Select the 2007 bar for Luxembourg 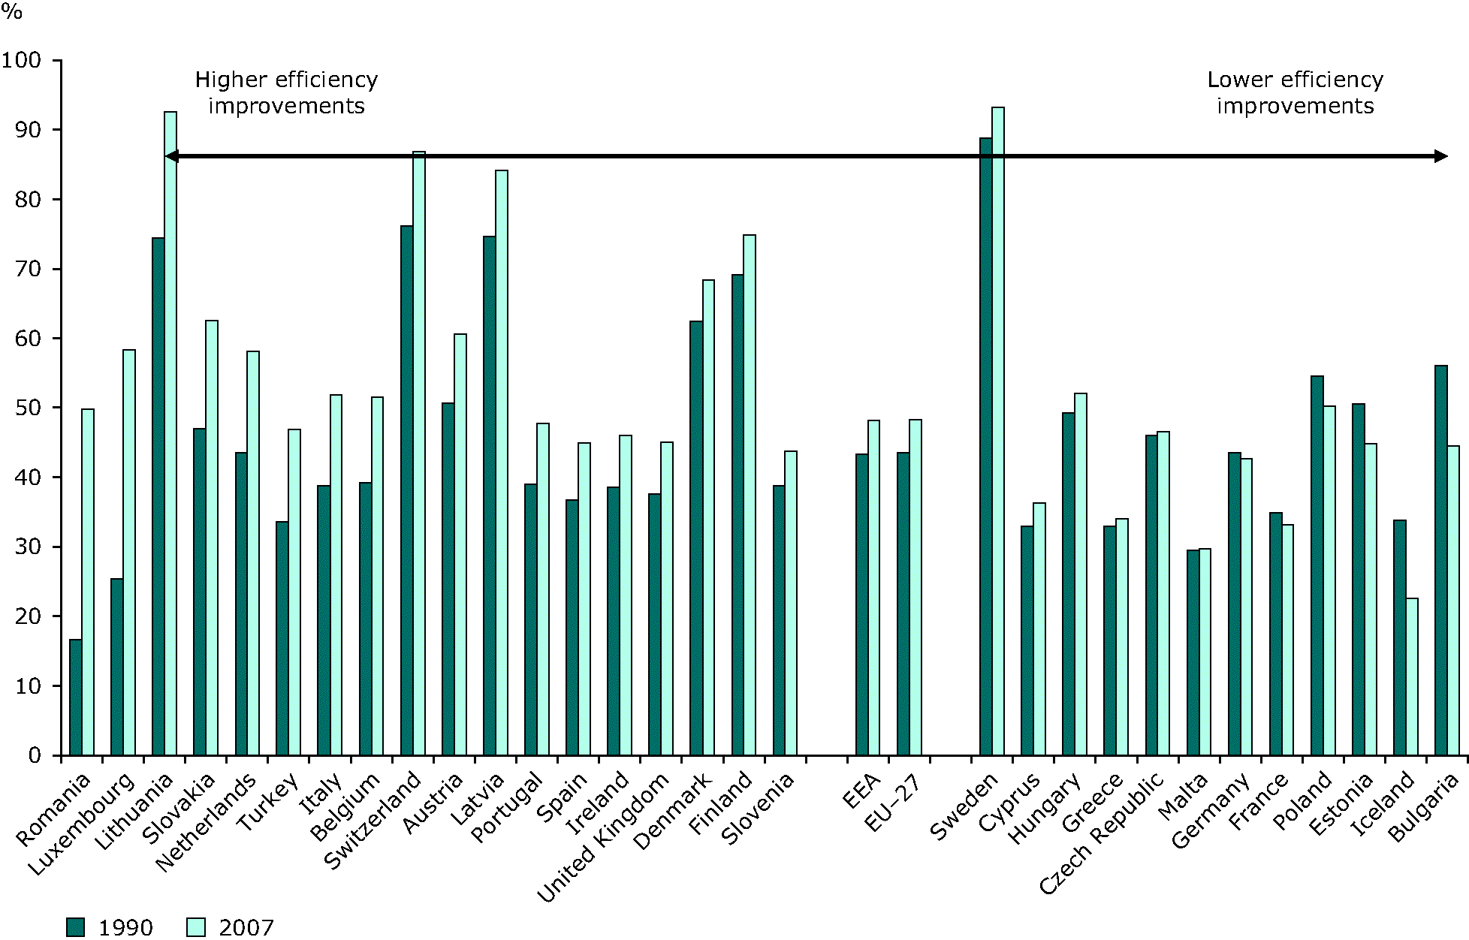[x=129, y=552]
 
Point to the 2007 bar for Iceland [x=1412, y=676]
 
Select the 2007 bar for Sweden [x=998, y=431]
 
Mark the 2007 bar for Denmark [x=708, y=517]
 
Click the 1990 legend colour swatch [x=75, y=926]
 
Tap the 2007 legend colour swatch [x=195, y=926]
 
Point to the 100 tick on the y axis [x=57, y=60]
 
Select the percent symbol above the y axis [x=12, y=13]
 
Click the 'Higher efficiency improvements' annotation [x=286, y=92]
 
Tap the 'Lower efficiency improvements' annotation [x=1295, y=92]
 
